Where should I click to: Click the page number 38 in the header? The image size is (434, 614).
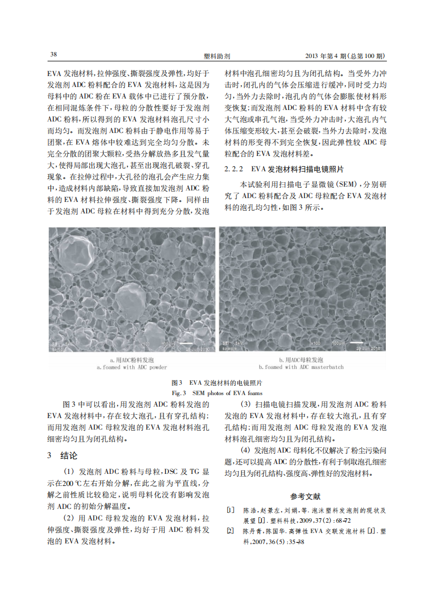[53, 55]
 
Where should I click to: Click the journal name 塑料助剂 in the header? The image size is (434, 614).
[216, 56]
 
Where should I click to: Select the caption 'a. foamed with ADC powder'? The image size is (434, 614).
[131, 368]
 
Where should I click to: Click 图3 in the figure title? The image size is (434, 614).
[177, 383]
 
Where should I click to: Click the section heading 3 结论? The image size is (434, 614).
[63, 455]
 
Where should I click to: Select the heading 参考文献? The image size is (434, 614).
[305, 497]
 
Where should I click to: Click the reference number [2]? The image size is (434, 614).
[230, 531]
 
